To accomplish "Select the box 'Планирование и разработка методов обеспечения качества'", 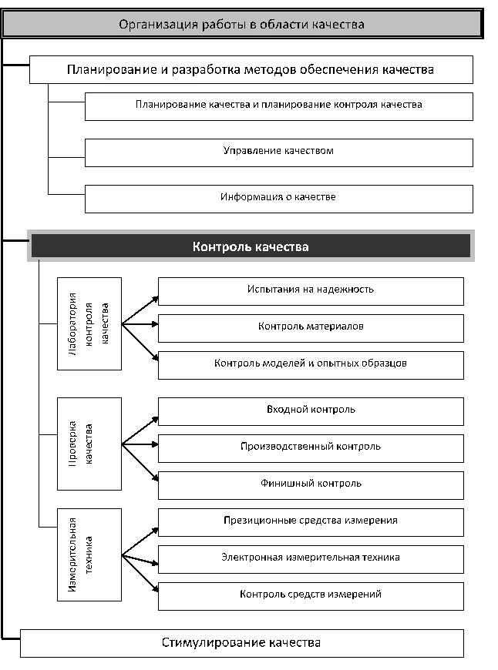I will click(251, 69).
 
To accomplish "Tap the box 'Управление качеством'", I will click(278, 152).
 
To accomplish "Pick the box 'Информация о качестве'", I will click(278, 198).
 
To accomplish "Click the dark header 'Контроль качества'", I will click(251, 246).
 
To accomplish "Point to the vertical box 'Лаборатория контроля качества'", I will click(89, 323).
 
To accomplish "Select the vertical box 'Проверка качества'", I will click(89, 444).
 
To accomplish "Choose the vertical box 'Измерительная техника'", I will click(89, 554).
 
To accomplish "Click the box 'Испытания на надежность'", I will click(311, 290).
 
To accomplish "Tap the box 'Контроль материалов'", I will click(311, 327).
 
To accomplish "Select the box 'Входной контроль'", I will click(311, 410).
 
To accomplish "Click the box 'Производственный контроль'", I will click(311, 447).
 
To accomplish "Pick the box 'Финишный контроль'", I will click(311, 484).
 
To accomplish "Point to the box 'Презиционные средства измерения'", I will click(311, 521).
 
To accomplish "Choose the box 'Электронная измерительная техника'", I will click(311, 558).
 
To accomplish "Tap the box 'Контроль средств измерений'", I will click(311, 595).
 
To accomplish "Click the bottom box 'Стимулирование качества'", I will click(241, 643).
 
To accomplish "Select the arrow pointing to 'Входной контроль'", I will click(141, 429).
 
